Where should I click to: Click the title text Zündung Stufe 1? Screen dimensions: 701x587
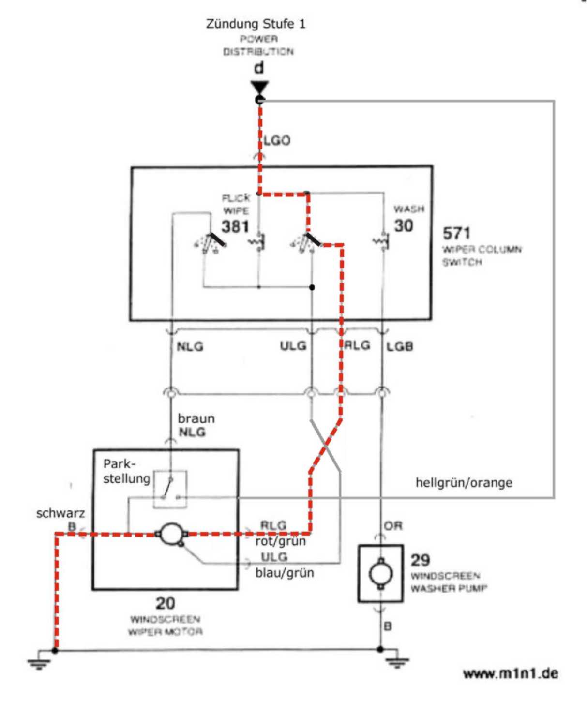click(x=256, y=24)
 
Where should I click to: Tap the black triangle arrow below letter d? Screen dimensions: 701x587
click(x=259, y=88)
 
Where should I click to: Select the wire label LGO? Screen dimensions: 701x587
click(x=277, y=141)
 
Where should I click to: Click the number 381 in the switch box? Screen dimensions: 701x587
click(x=235, y=226)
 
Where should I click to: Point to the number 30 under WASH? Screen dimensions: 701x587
click(x=403, y=225)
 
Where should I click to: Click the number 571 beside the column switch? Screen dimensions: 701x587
click(x=456, y=233)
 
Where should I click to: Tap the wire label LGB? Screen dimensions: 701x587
click(x=400, y=346)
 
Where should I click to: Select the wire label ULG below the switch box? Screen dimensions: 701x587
click(x=293, y=346)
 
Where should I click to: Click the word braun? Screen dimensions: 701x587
click(x=196, y=418)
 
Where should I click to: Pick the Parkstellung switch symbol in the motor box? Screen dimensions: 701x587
click(x=170, y=489)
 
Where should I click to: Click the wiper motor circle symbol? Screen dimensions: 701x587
click(x=170, y=534)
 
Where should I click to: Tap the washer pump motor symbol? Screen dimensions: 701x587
click(x=380, y=574)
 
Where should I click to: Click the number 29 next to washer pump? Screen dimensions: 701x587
click(x=420, y=560)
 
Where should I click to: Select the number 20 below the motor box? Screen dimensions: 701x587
click(x=165, y=603)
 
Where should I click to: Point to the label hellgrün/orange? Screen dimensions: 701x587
click(x=464, y=482)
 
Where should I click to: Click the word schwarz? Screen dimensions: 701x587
click(x=60, y=513)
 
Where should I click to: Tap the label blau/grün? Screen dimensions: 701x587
click(x=285, y=573)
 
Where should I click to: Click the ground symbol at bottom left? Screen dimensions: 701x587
click(x=39, y=663)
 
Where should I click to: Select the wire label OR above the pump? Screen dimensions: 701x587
click(x=393, y=526)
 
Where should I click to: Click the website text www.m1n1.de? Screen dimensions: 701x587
click(x=511, y=673)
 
